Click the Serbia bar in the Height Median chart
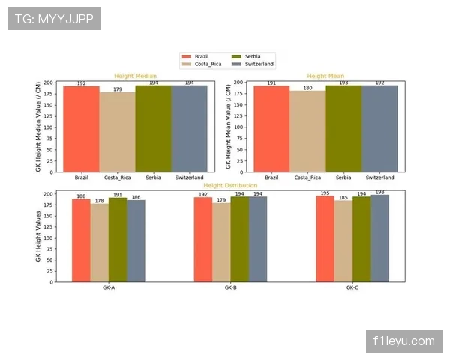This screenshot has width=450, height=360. point(153,128)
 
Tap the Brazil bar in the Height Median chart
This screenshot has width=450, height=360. point(81,129)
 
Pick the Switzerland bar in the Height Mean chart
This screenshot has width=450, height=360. point(379,128)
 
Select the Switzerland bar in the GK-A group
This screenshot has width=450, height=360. point(136,241)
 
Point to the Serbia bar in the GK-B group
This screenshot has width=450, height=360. point(239,239)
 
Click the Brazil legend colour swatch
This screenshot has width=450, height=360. point(187,56)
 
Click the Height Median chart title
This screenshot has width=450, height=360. point(135,76)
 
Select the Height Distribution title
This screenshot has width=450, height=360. point(230,185)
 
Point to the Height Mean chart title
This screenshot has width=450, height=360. point(325,76)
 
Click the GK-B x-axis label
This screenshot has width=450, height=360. point(230,288)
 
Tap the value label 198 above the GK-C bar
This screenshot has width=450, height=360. point(379,193)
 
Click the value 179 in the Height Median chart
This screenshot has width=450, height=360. point(117,89)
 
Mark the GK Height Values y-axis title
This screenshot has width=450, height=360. point(39,235)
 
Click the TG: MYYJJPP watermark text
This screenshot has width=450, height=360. point(54,19)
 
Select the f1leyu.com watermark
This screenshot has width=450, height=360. point(403,341)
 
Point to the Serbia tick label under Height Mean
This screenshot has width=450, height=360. point(343,178)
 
